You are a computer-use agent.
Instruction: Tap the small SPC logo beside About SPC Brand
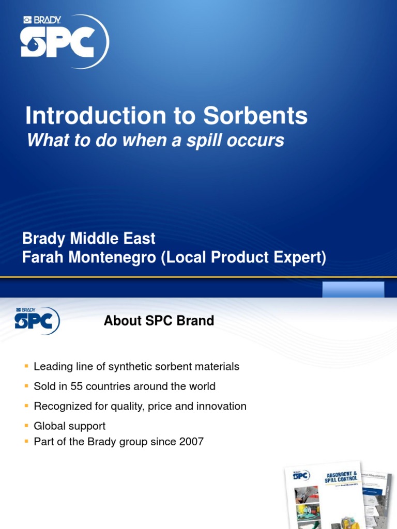[36, 321]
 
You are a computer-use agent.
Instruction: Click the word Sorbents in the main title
[255, 116]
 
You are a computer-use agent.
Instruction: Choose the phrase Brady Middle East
[88, 239]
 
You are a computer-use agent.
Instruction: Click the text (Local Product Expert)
[244, 258]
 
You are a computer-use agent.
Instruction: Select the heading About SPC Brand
[159, 321]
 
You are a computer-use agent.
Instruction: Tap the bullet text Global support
[69, 426]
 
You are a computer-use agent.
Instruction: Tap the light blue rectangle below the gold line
[353, 290]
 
